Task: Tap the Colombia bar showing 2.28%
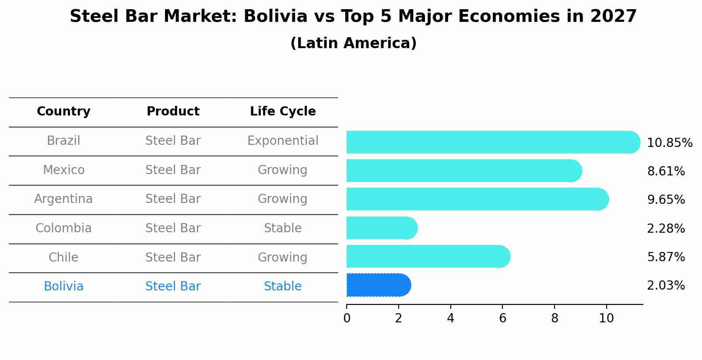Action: tap(381, 228)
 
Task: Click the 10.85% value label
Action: tap(669, 143)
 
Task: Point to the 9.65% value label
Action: tap(666, 200)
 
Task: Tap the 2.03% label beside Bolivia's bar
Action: tap(666, 286)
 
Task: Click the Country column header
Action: tap(63, 112)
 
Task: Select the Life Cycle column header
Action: tap(283, 112)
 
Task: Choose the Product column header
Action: tap(173, 112)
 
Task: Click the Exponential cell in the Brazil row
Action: tap(283, 141)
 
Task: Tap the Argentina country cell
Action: tap(63, 199)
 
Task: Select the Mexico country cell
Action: tap(63, 170)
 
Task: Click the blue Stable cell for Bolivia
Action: tap(283, 287)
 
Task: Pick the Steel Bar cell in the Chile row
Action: tap(173, 257)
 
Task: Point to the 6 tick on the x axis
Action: tap(502, 318)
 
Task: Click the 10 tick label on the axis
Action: tap(606, 318)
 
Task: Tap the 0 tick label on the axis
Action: tap(347, 318)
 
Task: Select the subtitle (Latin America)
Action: tap(353, 43)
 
